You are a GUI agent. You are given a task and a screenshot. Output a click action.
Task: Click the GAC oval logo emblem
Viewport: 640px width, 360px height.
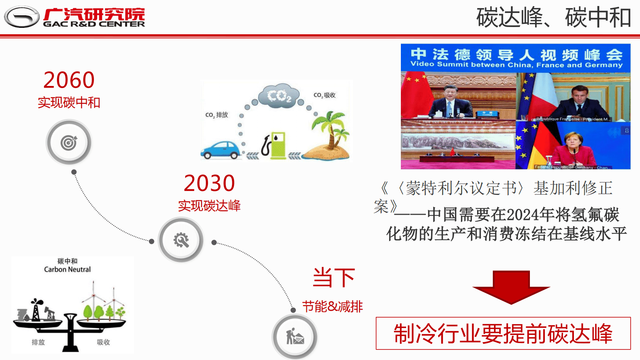22,17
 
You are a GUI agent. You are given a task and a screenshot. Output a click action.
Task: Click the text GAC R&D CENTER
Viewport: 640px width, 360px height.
94,24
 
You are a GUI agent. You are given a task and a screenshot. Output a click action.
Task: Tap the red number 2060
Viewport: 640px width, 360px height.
69,80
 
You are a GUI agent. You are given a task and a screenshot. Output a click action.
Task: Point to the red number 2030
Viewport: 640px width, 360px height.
209,183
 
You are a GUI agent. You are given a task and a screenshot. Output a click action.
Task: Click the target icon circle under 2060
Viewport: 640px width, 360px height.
69,142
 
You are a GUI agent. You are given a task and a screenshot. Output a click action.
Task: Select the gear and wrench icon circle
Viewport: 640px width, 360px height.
181,240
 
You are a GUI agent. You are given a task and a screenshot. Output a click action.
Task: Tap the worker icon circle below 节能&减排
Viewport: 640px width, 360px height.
295,337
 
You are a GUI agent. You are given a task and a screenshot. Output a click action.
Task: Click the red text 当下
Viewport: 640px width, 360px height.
334,278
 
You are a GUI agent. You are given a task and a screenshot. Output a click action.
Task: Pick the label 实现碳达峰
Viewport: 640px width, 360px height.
209,206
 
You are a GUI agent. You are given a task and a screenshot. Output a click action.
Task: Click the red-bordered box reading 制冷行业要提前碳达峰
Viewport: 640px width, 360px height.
503,333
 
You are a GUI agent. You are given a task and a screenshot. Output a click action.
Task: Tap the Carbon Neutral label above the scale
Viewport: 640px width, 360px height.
67,269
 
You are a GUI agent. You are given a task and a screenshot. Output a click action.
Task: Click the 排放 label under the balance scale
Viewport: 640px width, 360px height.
38,342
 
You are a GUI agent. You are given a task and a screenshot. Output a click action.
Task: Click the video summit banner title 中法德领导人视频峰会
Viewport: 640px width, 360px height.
516,54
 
